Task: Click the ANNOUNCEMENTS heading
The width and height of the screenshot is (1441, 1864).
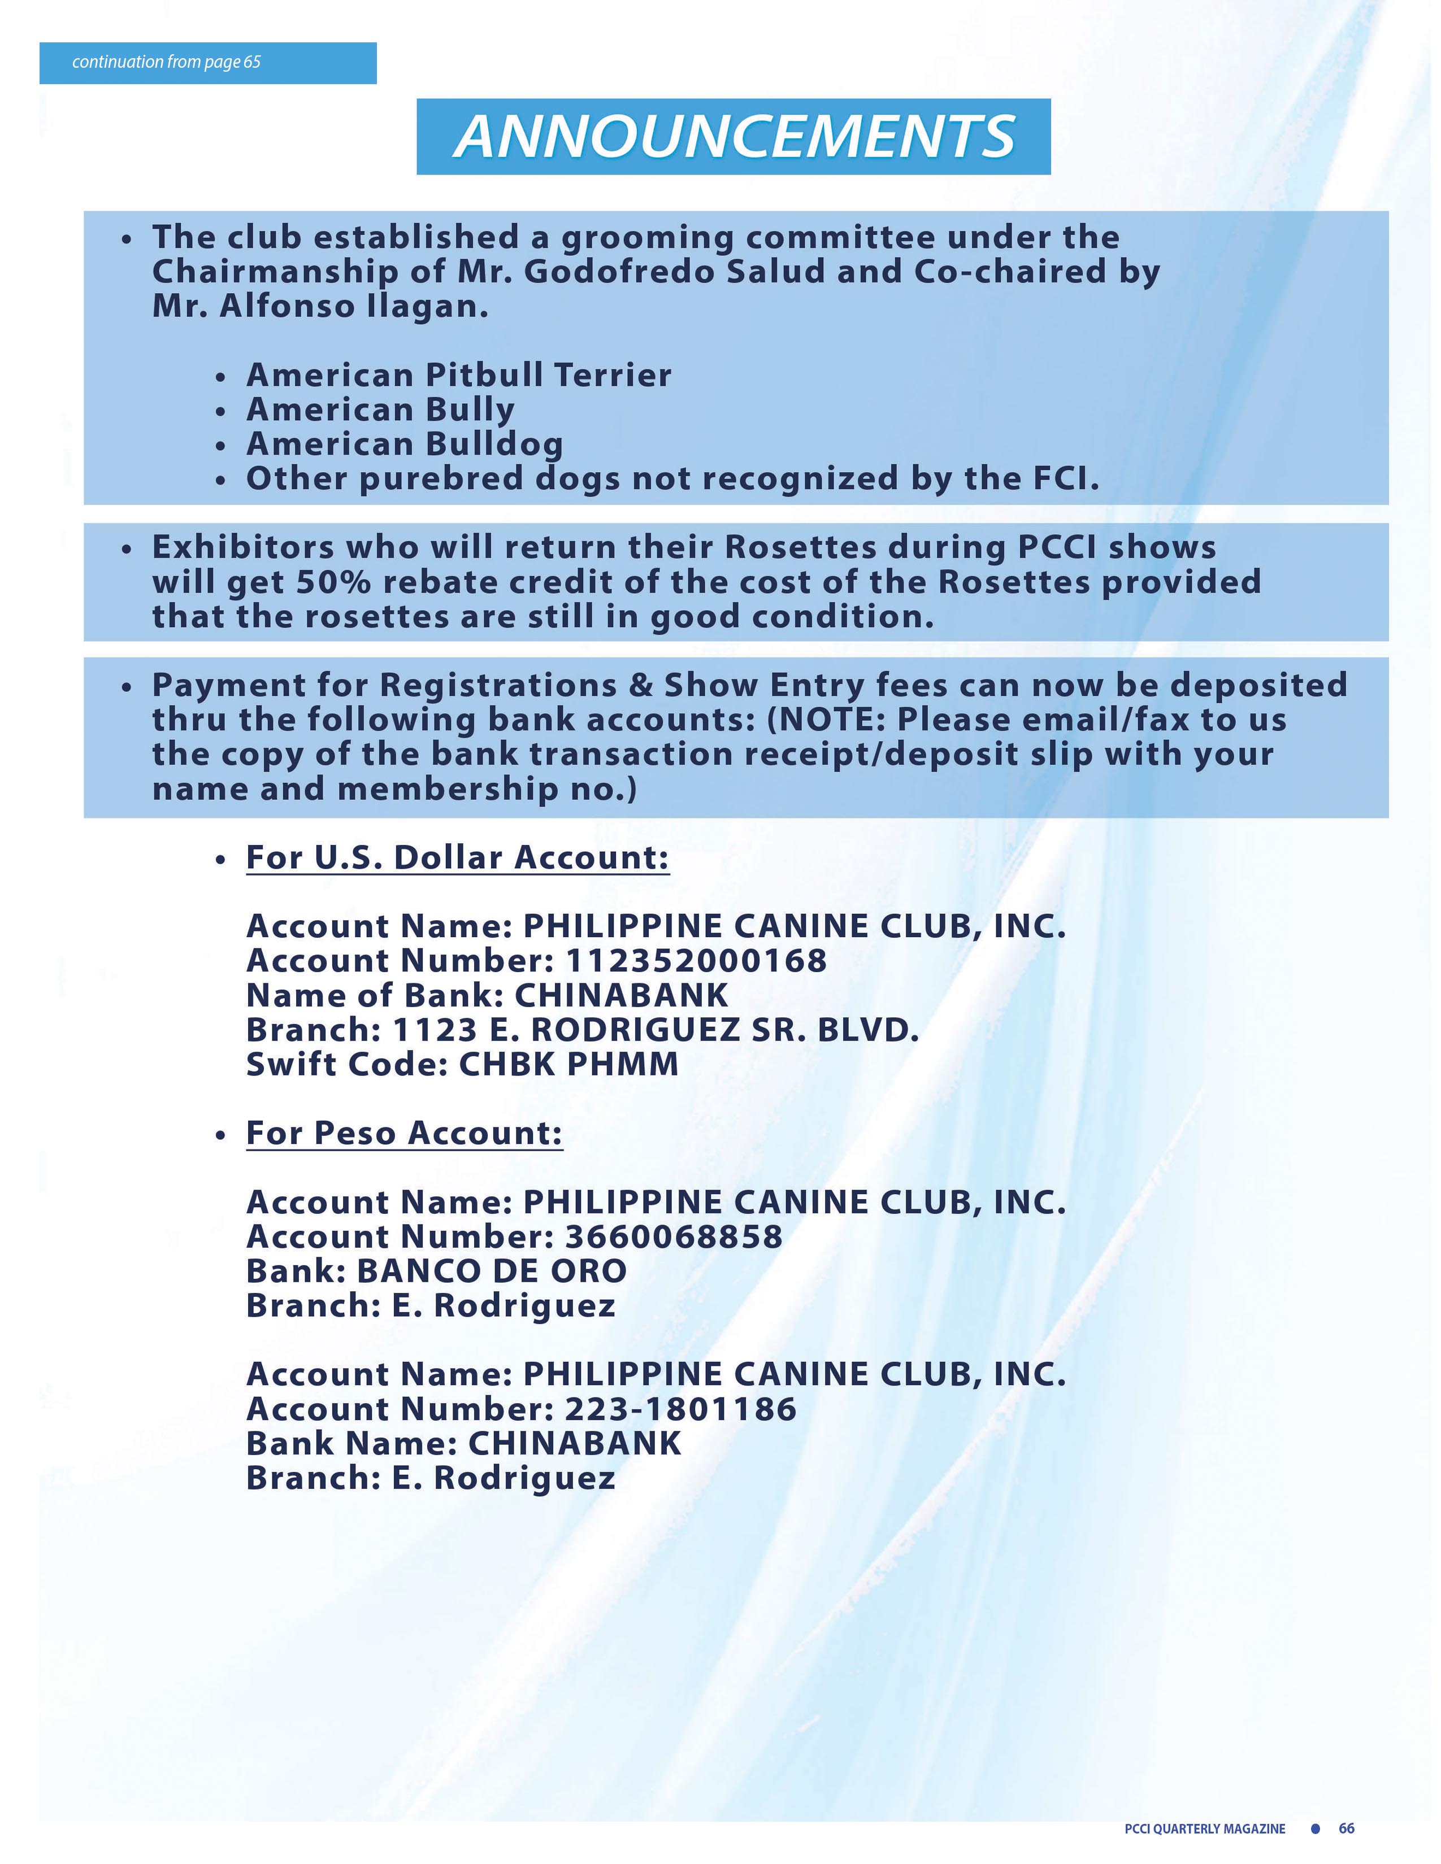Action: (x=733, y=137)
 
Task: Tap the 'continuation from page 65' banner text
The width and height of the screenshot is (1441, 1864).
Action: (x=167, y=62)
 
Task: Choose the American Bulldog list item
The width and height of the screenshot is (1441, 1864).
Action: (x=405, y=444)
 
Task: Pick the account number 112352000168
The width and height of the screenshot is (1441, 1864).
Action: (x=696, y=961)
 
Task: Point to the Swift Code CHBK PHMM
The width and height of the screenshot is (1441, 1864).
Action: (x=568, y=1064)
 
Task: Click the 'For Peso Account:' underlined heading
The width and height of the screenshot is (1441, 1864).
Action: (x=405, y=1134)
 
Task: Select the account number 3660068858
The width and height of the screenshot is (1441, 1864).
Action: (x=674, y=1236)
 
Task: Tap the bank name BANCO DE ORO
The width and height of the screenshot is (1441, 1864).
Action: (x=491, y=1271)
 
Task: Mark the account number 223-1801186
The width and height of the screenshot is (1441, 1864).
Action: (x=680, y=1409)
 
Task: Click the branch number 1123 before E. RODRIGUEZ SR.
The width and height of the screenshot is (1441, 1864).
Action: (x=433, y=1030)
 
